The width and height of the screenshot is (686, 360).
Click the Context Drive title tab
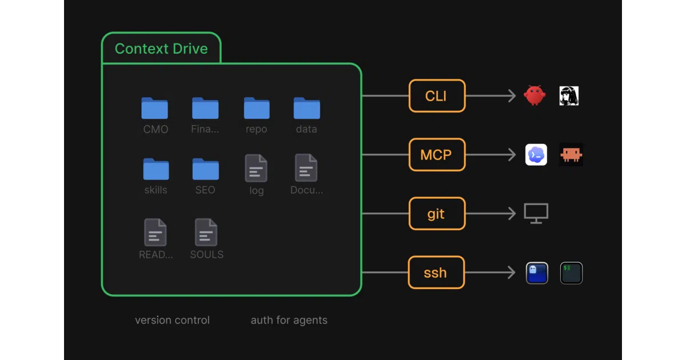coord(161,48)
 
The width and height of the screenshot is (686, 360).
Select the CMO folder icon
coord(155,108)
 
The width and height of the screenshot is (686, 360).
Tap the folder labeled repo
coord(257,108)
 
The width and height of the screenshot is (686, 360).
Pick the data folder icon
coord(306,108)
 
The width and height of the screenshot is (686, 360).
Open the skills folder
coord(156,169)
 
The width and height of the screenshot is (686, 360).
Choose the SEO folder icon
coord(205,169)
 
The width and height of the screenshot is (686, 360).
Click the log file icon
coord(256,168)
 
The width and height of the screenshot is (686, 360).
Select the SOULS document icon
coord(206,232)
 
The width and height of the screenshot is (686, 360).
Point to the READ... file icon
coord(155,232)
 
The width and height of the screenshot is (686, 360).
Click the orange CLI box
coord(437,96)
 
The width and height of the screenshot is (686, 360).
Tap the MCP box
coord(437,155)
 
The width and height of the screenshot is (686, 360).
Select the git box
coord(437,213)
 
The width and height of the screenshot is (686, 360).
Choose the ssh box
coord(436,272)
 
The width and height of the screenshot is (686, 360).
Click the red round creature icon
coord(535,95)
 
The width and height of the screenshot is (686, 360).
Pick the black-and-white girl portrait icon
coord(569,96)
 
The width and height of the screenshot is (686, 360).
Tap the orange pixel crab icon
coord(571,155)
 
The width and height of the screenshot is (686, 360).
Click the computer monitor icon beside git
coord(536,213)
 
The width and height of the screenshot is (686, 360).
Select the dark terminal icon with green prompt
coord(572,273)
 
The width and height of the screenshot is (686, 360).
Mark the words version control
coord(173,320)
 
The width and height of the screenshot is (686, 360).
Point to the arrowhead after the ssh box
coord(512,273)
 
